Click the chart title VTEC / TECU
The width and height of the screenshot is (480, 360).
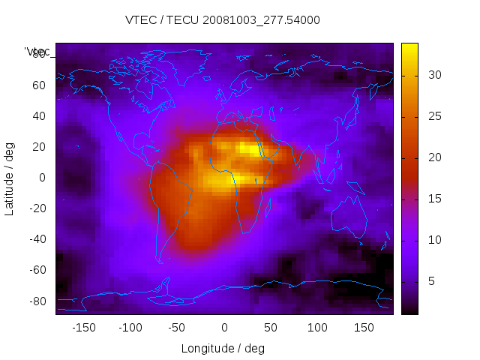pyautogui.click(x=223, y=20)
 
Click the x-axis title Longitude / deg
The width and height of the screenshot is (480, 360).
pyautogui.click(x=223, y=348)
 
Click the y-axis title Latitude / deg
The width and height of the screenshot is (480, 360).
pyautogui.click(x=10, y=178)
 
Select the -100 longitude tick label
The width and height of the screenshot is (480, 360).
pyautogui.click(x=130, y=328)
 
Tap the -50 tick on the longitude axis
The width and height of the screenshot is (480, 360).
pyautogui.click(x=177, y=328)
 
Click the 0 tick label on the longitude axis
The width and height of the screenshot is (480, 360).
pyautogui.click(x=223, y=328)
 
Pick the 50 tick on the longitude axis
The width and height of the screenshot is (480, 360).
pyautogui.click(x=271, y=328)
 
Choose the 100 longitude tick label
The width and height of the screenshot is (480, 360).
pyautogui.click(x=317, y=328)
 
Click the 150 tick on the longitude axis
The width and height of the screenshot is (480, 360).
pyautogui.click(x=364, y=328)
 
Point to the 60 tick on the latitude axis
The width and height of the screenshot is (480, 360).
pyautogui.click(x=38, y=85)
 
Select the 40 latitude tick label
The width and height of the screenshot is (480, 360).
pyautogui.click(x=38, y=115)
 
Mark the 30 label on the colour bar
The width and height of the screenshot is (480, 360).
pyautogui.click(x=434, y=75)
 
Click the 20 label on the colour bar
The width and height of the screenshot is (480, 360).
pyautogui.click(x=434, y=157)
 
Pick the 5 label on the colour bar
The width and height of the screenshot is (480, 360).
pyautogui.click(x=431, y=280)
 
